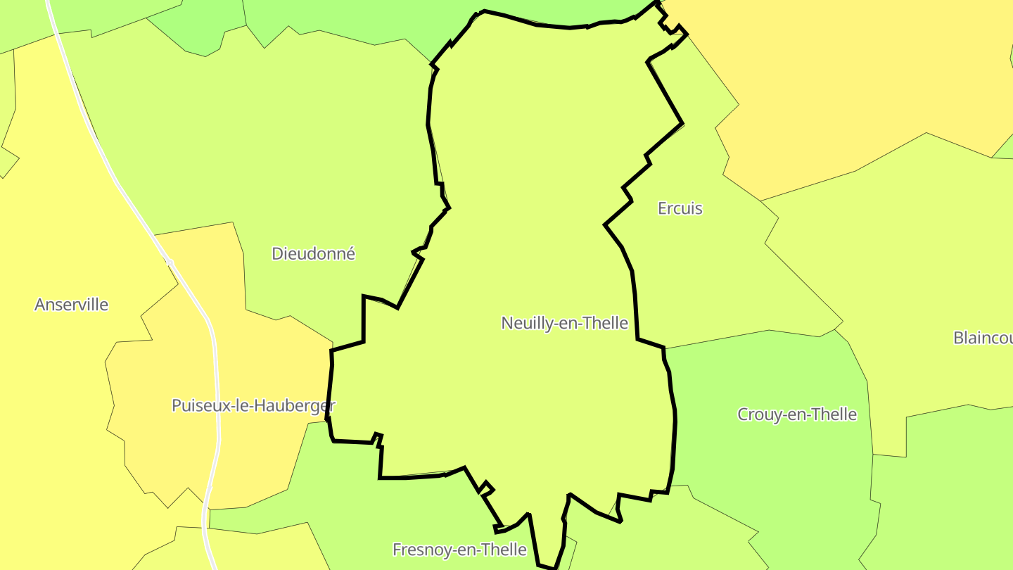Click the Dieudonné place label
313,254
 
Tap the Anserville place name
71,305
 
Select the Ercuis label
680,208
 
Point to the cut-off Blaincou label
982,338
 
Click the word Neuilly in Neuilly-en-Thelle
524,323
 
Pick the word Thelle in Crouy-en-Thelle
834,414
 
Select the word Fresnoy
418,550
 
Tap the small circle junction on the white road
170,262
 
